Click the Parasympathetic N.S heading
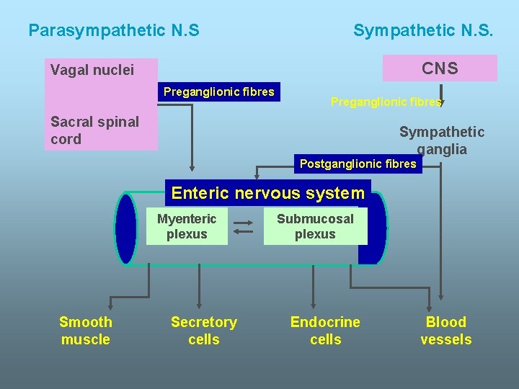pyautogui.click(x=114, y=31)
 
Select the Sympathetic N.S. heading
pyautogui.click(x=423, y=31)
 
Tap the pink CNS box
pyautogui.click(x=440, y=68)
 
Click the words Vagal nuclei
pyautogui.click(x=92, y=71)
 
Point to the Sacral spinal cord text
pyautogui.click(x=94, y=130)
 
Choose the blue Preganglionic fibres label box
pyautogui.click(x=219, y=91)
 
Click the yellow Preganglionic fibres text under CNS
pyautogui.click(x=386, y=102)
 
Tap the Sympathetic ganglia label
pyautogui.click(x=442, y=140)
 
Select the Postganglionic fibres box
pyautogui.click(x=358, y=164)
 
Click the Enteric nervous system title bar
pyautogui.click(x=268, y=193)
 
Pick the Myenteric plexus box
pyautogui.click(x=187, y=226)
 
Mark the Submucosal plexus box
pyautogui.click(x=316, y=226)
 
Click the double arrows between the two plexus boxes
pyautogui.click(x=244, y=227)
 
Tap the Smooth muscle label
pyautogui.click(x=85, y=331)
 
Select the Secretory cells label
pyautogui.click(x=204, y=331)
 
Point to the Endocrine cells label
pyautogui.click(x=325, y=331)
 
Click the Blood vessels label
pyautogui.click(x=446, y=331)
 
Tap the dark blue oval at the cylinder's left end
pyautogui.click(x=126, y=229)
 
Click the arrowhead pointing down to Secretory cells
pyautogui.click(x=199, y=305)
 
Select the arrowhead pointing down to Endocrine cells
pyautogui.click(x=313, y=305)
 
